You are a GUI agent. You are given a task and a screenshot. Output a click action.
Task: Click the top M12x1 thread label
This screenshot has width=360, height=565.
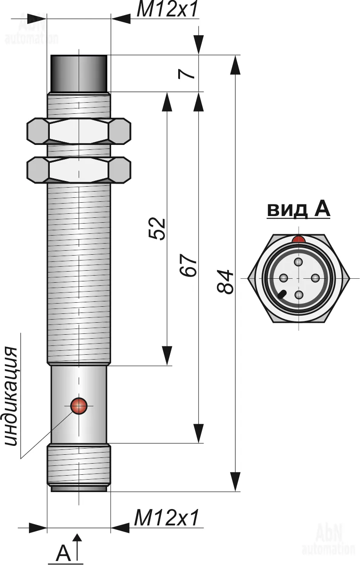167,10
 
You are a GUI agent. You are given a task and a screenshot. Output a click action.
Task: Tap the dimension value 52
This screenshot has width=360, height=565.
157,229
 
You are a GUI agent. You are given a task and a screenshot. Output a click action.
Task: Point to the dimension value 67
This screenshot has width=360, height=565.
189,266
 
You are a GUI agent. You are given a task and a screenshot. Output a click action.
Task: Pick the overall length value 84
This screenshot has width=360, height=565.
225,281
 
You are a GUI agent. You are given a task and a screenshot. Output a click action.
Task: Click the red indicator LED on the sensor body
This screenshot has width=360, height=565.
79,405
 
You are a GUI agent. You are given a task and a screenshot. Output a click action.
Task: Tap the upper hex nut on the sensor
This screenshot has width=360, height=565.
79,132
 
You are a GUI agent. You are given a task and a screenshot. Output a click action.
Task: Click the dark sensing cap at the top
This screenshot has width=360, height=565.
79,73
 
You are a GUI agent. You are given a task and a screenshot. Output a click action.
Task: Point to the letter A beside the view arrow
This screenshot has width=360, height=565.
63,553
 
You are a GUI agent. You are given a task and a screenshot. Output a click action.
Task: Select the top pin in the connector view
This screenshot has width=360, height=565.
299,262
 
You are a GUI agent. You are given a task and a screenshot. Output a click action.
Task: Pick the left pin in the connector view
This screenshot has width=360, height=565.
283,278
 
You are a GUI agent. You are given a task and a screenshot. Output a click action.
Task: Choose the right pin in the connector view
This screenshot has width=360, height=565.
315,278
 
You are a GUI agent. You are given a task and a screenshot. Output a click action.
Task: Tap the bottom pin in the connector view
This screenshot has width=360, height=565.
299,294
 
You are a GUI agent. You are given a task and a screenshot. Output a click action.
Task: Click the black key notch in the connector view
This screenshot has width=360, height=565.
282,294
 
